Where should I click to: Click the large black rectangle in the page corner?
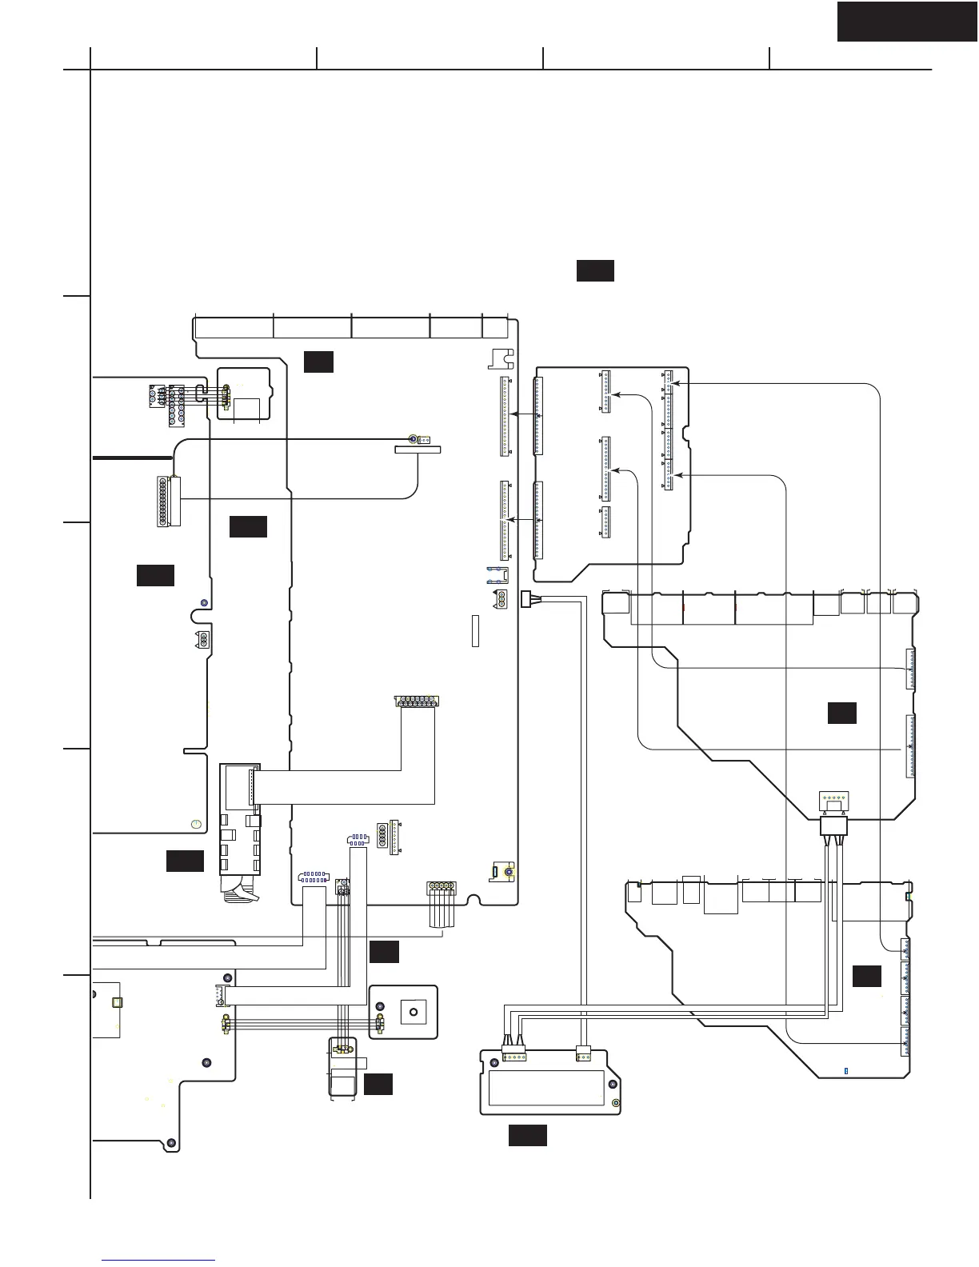coord(907,21)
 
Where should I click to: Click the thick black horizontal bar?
coord(133,458)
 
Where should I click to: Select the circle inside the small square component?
coord(414,1013)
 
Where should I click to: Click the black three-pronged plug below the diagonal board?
coord(833,825)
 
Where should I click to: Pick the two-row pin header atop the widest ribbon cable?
coord(416,701)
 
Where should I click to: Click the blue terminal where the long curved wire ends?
coord(413,439)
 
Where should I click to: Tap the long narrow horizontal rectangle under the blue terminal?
coord(418,450)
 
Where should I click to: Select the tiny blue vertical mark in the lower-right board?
coord(846,1070)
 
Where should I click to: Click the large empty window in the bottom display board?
coord(546,1088)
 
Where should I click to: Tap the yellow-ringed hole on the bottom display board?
coord(616,1104)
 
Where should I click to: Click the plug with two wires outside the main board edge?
coord(526,598)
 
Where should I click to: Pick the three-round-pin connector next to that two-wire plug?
coord(501,599)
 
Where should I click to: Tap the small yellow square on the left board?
coord(117,1002)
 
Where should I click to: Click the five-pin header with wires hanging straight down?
coord(441,886)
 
